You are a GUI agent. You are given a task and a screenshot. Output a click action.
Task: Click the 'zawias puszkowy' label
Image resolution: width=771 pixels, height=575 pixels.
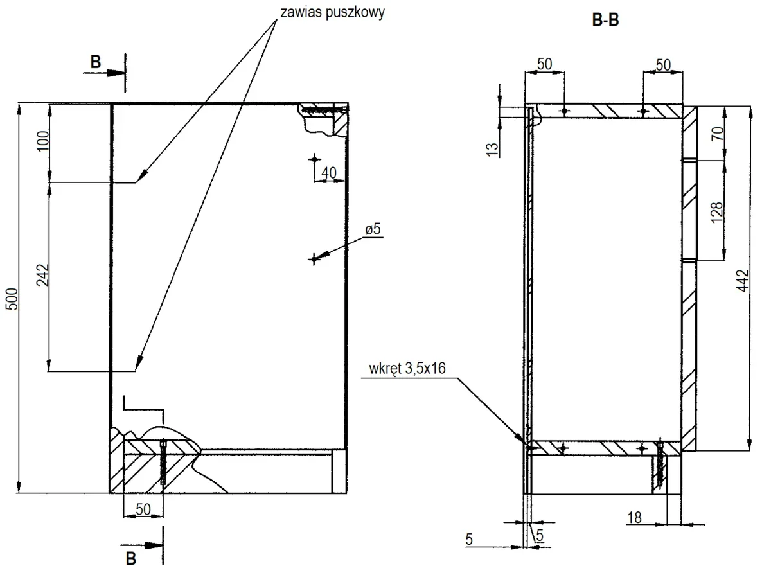(332, 13)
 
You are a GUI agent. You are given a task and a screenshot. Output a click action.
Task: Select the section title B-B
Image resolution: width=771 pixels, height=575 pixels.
(605, 20)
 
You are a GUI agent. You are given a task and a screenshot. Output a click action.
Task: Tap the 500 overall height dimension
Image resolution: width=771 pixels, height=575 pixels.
(12, 299)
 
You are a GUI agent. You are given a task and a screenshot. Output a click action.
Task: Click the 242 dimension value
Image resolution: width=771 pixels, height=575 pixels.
(43, 276)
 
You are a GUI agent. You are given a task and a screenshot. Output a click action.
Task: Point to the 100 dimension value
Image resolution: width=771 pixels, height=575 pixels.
(43, 141)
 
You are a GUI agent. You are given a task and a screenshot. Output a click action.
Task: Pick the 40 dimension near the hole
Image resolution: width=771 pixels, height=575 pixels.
(329, 173)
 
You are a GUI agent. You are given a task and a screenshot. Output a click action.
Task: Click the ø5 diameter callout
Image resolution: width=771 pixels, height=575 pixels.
(373, 229)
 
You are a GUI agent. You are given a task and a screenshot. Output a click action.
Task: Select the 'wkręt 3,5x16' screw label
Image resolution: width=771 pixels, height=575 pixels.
(407, 369)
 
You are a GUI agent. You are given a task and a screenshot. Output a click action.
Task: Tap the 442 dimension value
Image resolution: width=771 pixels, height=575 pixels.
(743, 281)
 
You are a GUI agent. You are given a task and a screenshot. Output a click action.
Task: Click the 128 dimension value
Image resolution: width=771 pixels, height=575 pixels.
(716, 212)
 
